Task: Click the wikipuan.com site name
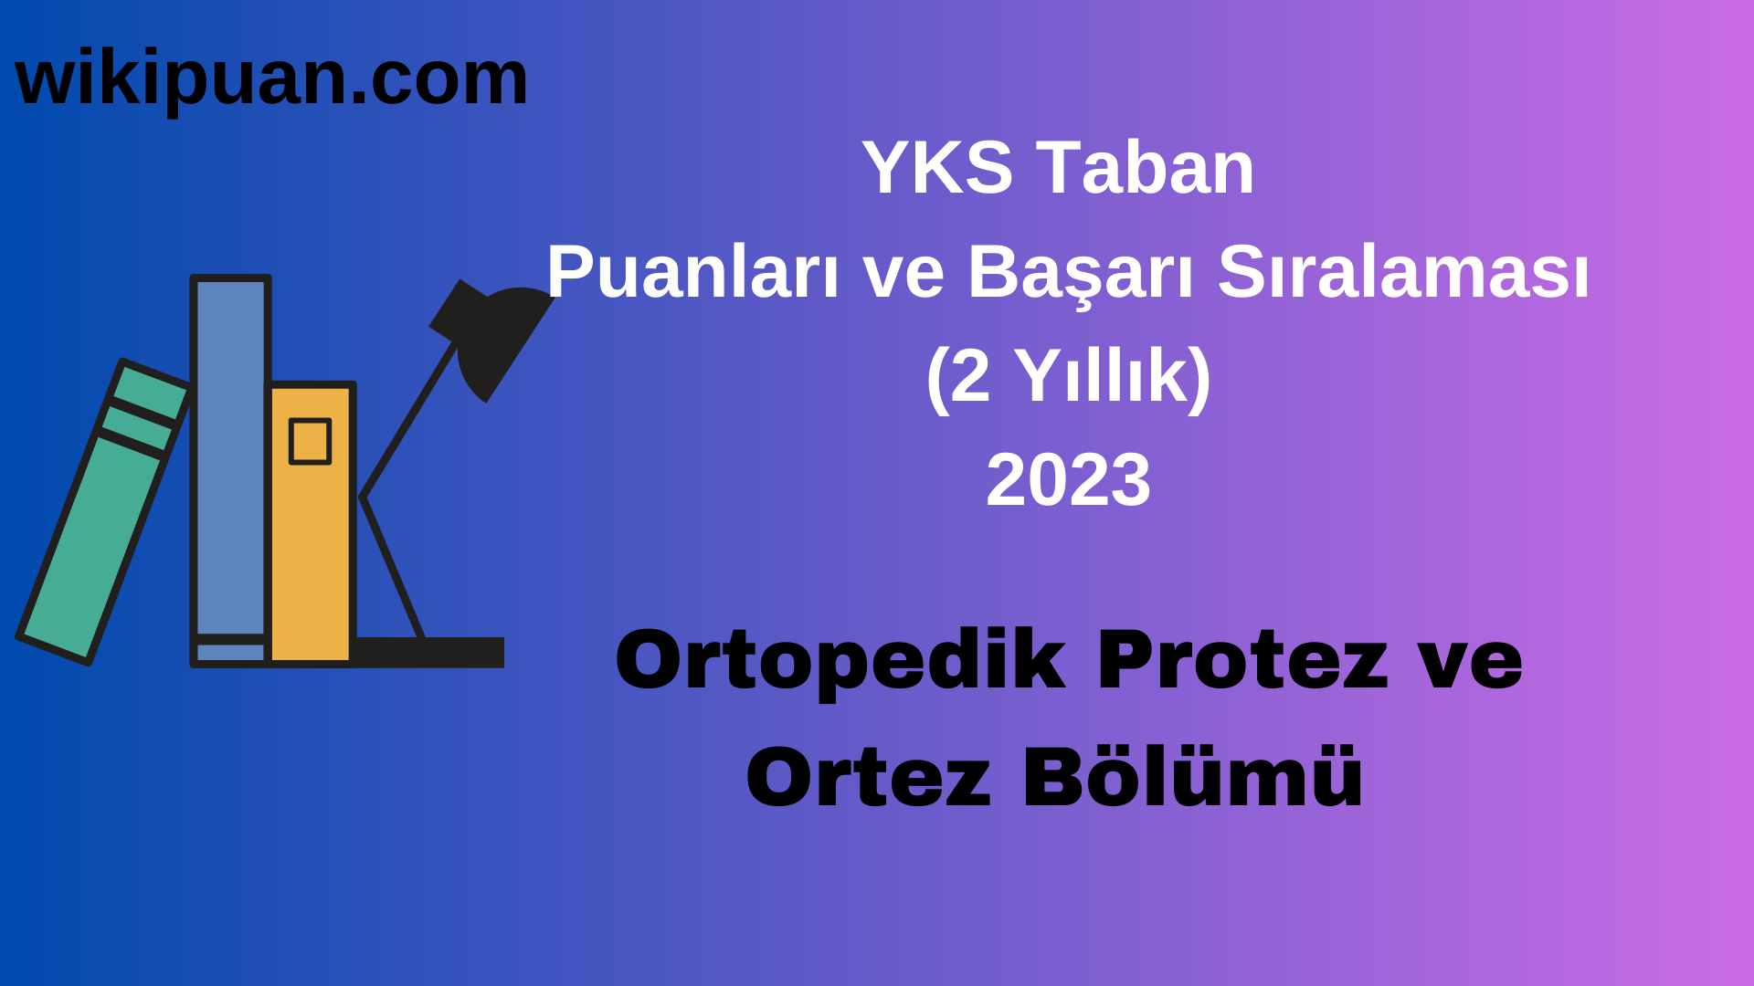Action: tap(271, 79)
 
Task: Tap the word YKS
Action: tap(937, 168)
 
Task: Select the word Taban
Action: tap(1146, 168)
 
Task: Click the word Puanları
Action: tap(692, 272)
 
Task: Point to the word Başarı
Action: tap(1081, 272)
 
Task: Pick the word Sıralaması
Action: tap(1403, 272)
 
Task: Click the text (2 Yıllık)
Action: tap(1068, 376)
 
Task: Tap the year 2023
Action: tap(1068, 480)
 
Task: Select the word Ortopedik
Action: tap(840, 661)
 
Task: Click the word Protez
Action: tap(1242, 661)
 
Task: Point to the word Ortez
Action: tap(868, 778)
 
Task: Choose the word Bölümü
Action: tap(1192, 778)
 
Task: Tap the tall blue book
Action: tap(230, 456)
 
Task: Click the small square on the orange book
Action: tap(310, 442)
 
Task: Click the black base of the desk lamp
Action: tap(429, 652)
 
